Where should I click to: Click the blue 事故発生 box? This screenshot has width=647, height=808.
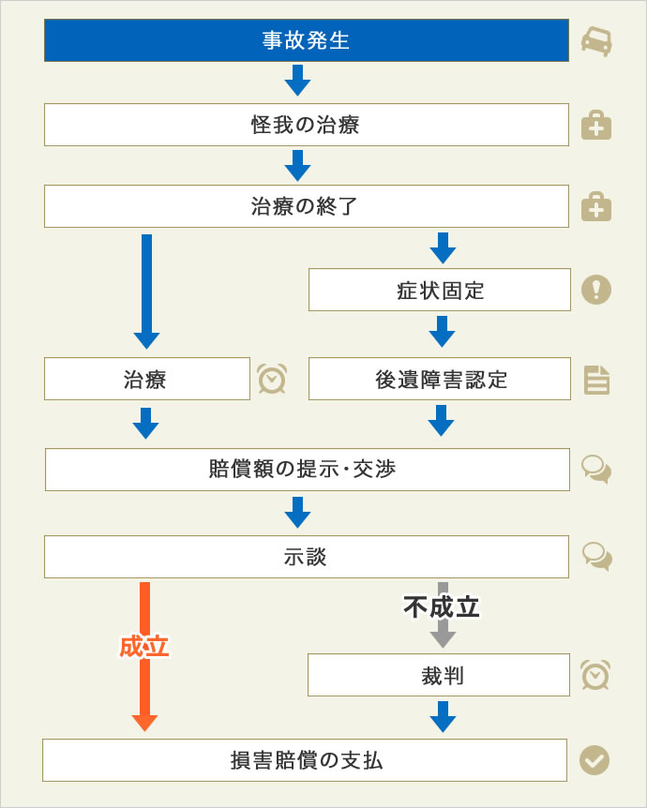307,40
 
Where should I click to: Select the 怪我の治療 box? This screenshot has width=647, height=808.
307,125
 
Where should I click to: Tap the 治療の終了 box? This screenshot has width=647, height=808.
307,206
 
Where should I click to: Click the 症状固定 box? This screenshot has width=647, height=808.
440,290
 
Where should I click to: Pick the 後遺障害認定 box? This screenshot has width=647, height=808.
440,379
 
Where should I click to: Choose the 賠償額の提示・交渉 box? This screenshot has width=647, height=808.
308,470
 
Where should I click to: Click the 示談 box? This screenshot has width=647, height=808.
307,557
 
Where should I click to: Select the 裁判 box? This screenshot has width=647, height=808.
439,675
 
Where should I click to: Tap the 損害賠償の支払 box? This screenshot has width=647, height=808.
305,760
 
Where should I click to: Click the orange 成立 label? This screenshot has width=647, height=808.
144,647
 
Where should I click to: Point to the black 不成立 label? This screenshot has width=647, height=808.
442,607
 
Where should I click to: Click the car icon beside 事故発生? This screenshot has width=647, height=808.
596,41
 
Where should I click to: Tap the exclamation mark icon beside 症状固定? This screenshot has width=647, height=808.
596,290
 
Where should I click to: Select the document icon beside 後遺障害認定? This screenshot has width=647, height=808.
596,381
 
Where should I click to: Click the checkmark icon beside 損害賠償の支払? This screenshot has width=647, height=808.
594,760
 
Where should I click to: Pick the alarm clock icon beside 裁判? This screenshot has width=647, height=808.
595,675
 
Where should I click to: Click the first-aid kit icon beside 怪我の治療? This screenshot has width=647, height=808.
596,126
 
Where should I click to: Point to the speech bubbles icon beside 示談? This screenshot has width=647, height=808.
597,557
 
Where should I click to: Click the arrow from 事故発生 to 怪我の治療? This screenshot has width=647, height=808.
297,81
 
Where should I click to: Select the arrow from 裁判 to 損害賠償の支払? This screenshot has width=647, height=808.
443,717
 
